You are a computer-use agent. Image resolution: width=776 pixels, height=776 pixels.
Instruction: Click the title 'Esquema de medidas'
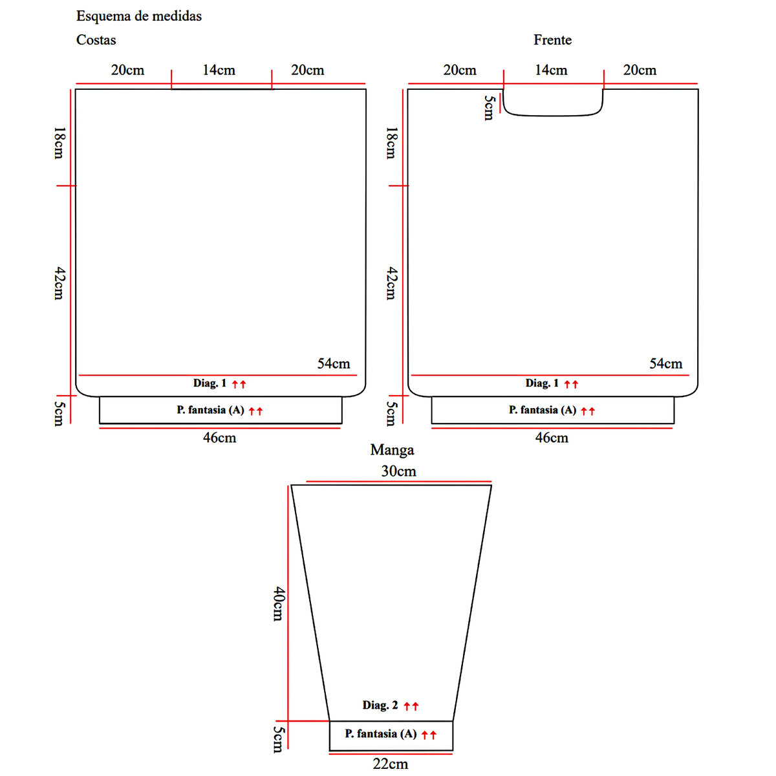pos(138,16)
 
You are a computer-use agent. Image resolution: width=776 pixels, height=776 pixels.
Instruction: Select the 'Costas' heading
pos(96,40)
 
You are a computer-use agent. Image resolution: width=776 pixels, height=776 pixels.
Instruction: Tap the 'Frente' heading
pos(552,40)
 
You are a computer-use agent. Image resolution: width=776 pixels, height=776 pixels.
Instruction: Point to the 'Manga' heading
pos(392,450)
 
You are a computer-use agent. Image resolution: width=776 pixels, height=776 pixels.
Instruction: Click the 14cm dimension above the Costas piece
pos(219,70)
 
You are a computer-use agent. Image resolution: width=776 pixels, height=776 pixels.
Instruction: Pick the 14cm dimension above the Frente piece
pos(551,70)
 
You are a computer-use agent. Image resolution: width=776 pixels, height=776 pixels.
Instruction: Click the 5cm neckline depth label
pos(489,107)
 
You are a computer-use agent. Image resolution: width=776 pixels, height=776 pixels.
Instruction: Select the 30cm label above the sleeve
pos(398,471)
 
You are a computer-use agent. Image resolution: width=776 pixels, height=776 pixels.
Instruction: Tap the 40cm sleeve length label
pos(278,603)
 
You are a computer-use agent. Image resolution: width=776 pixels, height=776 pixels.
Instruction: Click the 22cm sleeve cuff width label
pos(390,764)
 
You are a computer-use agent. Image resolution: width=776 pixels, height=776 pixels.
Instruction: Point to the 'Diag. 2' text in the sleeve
pos(380,706)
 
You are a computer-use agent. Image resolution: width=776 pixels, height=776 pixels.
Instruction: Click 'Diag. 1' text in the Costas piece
pos(210,383)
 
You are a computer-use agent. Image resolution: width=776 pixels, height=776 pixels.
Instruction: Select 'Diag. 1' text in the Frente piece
pos(542,383)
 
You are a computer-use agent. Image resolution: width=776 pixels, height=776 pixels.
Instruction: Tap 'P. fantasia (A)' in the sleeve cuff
pos(380,734)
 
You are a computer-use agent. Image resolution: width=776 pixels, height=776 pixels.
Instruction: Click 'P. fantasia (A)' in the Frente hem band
pos(542,410)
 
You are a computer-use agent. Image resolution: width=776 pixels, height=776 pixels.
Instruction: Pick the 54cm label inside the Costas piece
pos(333,364)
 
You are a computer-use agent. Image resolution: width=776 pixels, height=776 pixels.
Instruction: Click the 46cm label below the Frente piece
pos(552,438)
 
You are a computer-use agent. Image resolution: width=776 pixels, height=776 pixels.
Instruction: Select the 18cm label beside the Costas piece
pos(59,143)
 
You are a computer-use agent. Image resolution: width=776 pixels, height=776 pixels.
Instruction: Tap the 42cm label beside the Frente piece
pos(391,283)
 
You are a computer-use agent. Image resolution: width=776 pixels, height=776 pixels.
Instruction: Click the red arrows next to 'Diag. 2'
pos(411,706)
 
